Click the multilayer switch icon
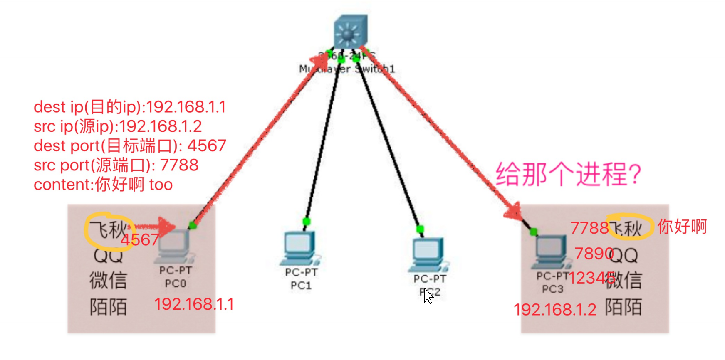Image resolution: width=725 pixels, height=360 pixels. tap(350, 32)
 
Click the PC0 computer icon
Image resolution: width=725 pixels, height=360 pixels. tap(174, 245)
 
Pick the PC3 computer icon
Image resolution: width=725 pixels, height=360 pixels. tap(551, 250)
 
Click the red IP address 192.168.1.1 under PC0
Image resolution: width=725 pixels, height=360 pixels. tap(194, 304)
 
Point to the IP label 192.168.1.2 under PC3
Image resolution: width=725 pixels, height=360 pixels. tap(555, 310)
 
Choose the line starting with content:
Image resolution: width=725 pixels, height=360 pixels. tap(103, 185)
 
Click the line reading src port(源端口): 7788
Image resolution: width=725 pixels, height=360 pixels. tap(116, 165)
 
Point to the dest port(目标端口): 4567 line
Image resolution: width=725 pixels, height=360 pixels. tap(130, 146)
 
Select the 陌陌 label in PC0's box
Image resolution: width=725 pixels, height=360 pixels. tap(108, 307)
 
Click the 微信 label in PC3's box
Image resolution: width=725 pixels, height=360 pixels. tap(624, 280)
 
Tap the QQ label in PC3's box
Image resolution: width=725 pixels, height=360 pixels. tap(624, 255)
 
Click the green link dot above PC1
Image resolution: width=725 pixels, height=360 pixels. tap(307, 222)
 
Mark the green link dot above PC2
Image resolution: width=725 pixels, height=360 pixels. tap(420, 229)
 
